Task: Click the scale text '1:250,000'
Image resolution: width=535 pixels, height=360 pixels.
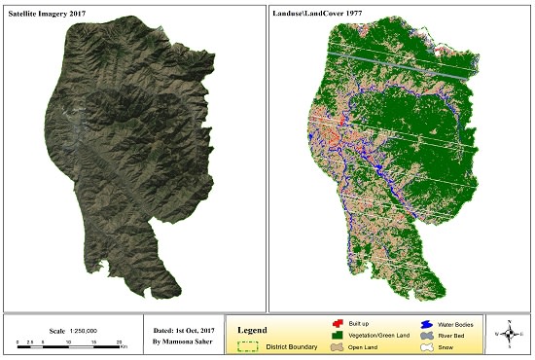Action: [73, 330]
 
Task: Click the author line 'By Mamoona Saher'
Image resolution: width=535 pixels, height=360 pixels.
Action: [183, 342]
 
